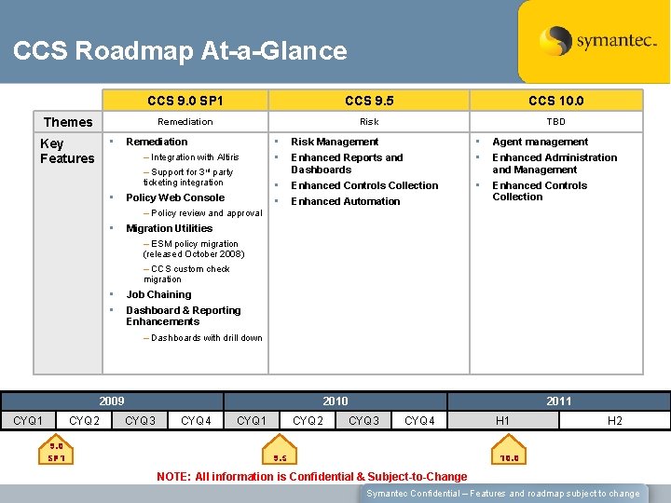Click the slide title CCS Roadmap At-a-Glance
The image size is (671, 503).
point(180,51)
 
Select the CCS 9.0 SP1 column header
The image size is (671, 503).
point(185,101)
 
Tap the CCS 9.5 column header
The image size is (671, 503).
point(369,101)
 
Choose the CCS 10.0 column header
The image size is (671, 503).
point(555,101)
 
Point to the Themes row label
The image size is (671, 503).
point(68,122)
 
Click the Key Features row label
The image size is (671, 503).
point(66,151)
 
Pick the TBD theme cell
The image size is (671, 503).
point(555,122)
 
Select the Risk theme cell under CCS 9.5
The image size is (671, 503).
point(369,122)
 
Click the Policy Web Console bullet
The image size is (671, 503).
point(175,197)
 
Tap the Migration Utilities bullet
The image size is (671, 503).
point(169,228)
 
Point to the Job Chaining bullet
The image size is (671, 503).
point(158,294)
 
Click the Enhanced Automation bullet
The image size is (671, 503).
point(345,201)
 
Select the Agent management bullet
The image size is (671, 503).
point(540,142)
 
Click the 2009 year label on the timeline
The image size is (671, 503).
point(112,401)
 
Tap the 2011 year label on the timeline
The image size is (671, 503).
point(559,401)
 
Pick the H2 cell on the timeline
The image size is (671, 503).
point(615,421)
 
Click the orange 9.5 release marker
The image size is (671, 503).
point(280,457)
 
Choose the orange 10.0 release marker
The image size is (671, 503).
point(510,457)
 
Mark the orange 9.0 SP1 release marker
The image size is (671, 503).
point(57,452)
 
